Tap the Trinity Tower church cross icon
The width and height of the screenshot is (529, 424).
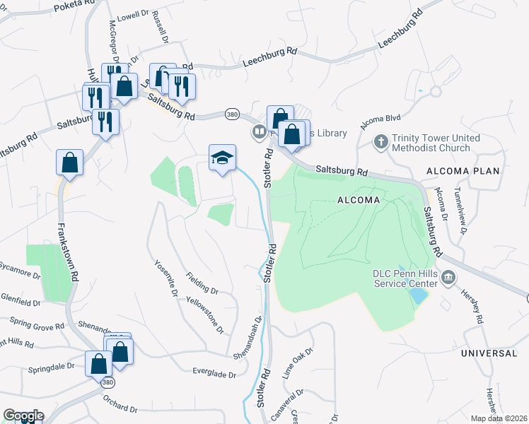coord(380,142)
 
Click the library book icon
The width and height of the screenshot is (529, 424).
coord(260,132)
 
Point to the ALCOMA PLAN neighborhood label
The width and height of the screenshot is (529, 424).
coord(463,172)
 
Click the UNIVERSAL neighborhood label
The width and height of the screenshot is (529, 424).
coord(489,353)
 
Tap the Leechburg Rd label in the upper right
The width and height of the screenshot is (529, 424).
coord(400,30)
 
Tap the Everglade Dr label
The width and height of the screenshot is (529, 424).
coord(214,372)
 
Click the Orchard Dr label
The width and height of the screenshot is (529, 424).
coord(119,404)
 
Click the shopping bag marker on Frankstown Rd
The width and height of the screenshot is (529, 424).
coord(70,163)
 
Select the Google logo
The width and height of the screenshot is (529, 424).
coord(23,416)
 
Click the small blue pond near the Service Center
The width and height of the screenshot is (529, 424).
coord(418,295)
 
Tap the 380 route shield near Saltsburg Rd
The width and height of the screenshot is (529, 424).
coord(232,114)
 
